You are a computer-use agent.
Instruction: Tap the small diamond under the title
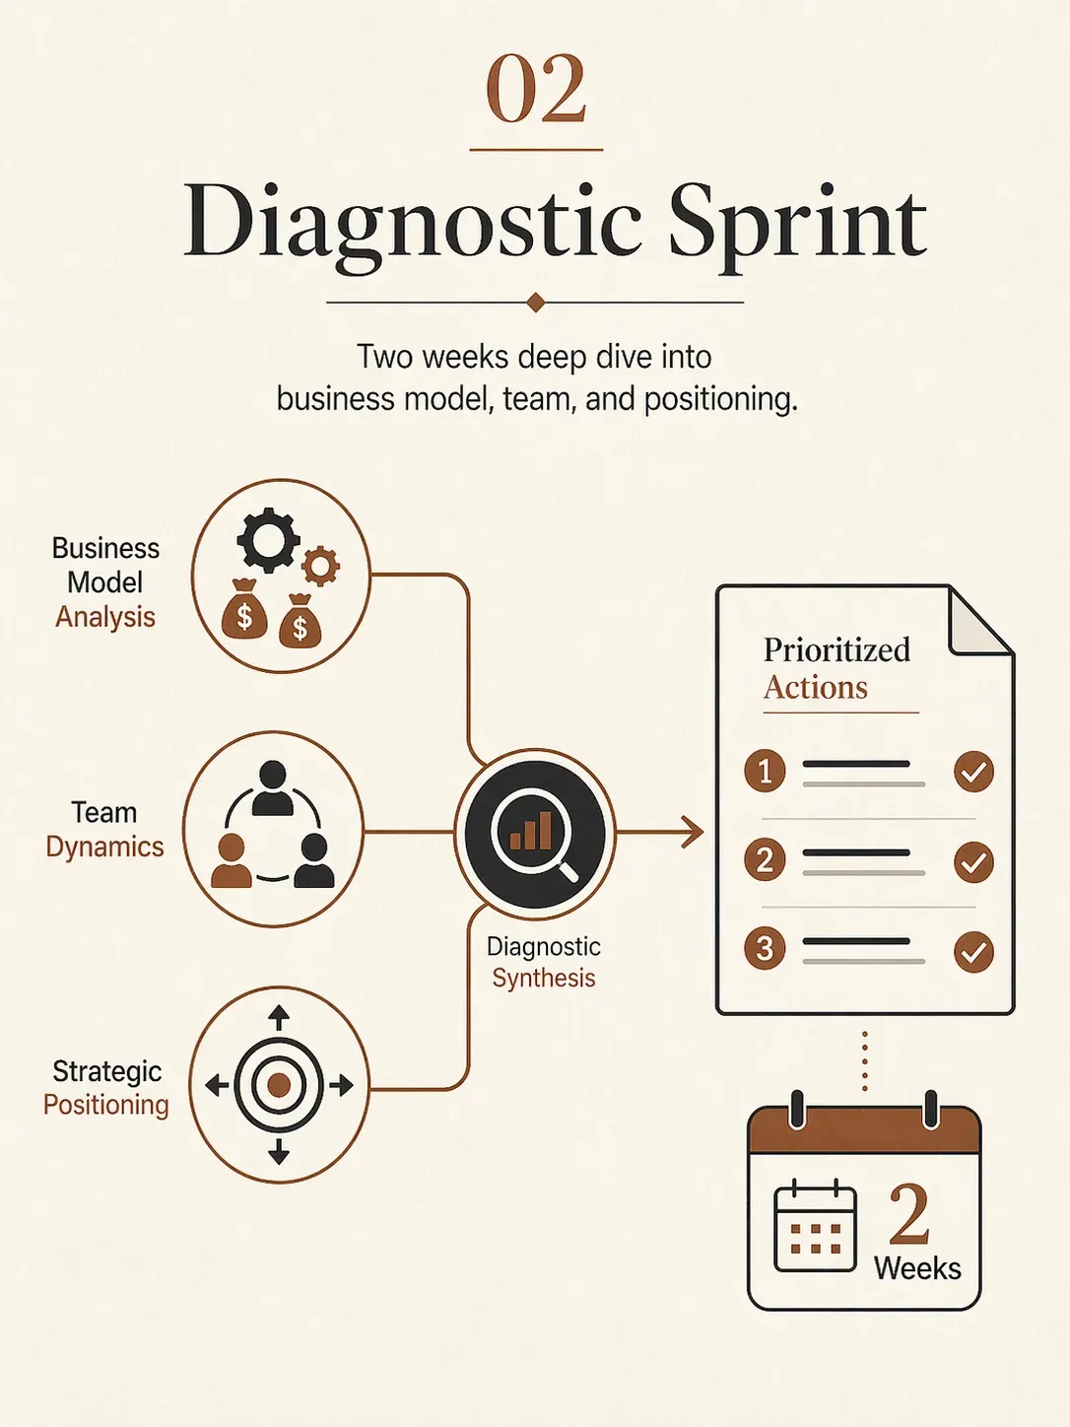coord(535,303)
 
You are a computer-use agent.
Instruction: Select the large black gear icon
coord(268,540)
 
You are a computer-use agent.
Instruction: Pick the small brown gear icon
coord(320,567)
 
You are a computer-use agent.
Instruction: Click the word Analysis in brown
coord(105,617)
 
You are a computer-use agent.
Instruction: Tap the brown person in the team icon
coord(232,860)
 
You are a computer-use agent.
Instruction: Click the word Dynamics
coord(104,848)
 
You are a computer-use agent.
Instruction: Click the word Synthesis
coord(544,979)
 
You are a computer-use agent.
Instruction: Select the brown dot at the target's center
coord(279,1085)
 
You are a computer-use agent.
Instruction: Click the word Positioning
coord(105,1105)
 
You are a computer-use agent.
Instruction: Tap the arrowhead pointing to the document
coord(694,832)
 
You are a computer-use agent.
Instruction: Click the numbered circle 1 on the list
coord(765,771)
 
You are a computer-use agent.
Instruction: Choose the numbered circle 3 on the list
coord(765,948)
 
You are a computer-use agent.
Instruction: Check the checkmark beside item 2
coord(973,861)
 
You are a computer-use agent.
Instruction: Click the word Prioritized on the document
coord(836,649)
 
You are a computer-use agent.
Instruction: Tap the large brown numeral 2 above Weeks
coord(909,1212)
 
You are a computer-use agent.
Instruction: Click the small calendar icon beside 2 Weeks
coord(816,1226)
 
